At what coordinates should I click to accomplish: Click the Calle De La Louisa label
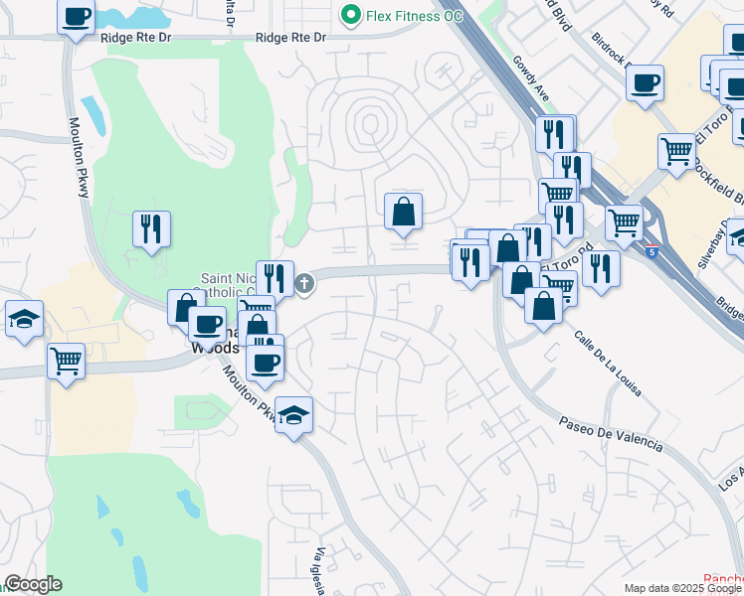(607, 363)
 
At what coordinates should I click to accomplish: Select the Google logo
(33, 584)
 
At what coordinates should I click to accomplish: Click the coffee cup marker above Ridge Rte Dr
(76, 17)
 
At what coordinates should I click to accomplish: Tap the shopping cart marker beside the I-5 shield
(624, 222)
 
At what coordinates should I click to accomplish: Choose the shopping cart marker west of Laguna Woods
(66, 360)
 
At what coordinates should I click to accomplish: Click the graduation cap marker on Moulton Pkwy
(293, 414)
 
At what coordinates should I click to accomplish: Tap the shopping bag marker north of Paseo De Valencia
(543, 305)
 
